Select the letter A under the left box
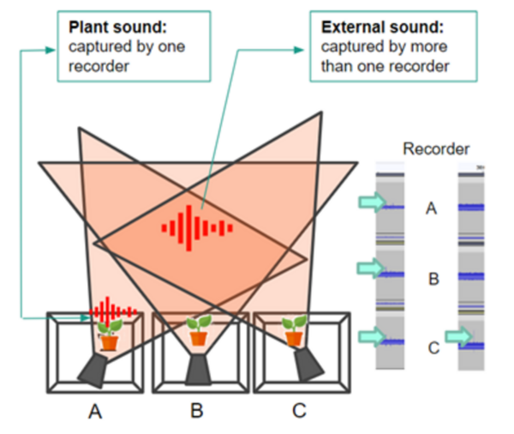[95, 412]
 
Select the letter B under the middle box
[197, 412]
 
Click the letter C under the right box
[298, 412]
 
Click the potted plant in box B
[198, 330]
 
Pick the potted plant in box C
[294, 329]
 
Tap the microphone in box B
[198, 370]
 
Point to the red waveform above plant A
[108, 309]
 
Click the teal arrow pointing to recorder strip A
[371, 202]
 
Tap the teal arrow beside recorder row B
[371, 268]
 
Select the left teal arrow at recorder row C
[371, 336]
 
